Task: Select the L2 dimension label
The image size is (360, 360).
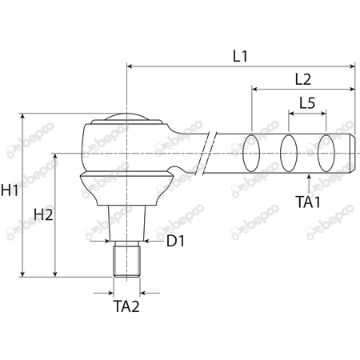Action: coord(302,78)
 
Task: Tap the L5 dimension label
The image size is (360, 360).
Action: coord(306,103)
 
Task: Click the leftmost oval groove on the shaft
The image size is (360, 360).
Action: coord(252,151)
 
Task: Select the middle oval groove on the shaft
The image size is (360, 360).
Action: coord(289,151)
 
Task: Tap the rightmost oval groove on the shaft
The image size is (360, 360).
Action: coord(326,151)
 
